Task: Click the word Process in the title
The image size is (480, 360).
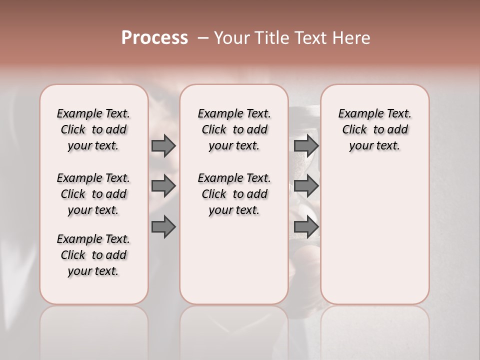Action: click(154, 37)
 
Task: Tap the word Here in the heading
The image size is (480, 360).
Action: click(352, 38)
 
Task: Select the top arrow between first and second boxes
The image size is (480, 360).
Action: click(163, 145)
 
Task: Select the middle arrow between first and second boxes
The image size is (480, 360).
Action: click(163, 186)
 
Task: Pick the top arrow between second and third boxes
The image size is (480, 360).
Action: click(306, 145)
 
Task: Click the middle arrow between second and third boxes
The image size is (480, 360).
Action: click(306, 186)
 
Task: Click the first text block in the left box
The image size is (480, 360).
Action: click(93, 129)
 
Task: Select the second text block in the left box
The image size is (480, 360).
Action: click(93, 194)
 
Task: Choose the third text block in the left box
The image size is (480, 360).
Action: click(93, 255)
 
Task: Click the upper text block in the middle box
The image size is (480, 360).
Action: click(234, 129)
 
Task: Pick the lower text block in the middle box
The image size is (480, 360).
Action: click(234, 194)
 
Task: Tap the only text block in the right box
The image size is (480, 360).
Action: click(374, 129)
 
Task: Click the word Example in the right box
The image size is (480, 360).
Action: click(358, 114)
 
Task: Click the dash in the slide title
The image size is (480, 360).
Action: click(203, 38)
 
